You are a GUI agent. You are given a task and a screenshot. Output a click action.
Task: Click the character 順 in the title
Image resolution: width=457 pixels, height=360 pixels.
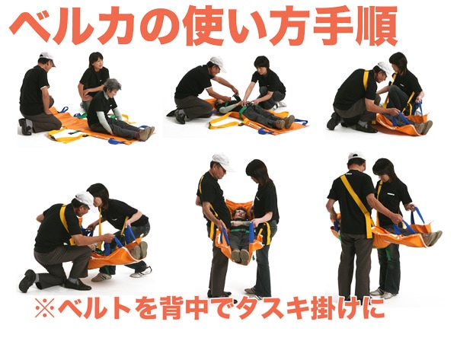[x=379, y=25]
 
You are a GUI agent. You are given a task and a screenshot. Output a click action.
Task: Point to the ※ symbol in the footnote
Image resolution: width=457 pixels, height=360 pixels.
[x=45, y=307]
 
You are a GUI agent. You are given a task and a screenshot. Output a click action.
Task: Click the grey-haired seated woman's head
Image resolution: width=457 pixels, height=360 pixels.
[x=112, y=86]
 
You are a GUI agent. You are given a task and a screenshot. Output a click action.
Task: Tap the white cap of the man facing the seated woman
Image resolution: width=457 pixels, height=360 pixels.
[x=47, y=58]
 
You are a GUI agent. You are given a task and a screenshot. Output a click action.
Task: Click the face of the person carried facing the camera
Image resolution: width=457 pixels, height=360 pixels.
[x=240, y=214]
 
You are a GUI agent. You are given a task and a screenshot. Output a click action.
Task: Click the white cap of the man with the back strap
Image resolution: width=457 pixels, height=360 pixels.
[x=356, y=156]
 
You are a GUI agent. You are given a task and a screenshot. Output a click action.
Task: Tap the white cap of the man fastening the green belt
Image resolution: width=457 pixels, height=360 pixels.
[x=218, y=63]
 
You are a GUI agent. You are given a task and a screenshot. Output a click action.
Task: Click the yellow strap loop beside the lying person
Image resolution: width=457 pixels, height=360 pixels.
[x=225, y=123]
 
